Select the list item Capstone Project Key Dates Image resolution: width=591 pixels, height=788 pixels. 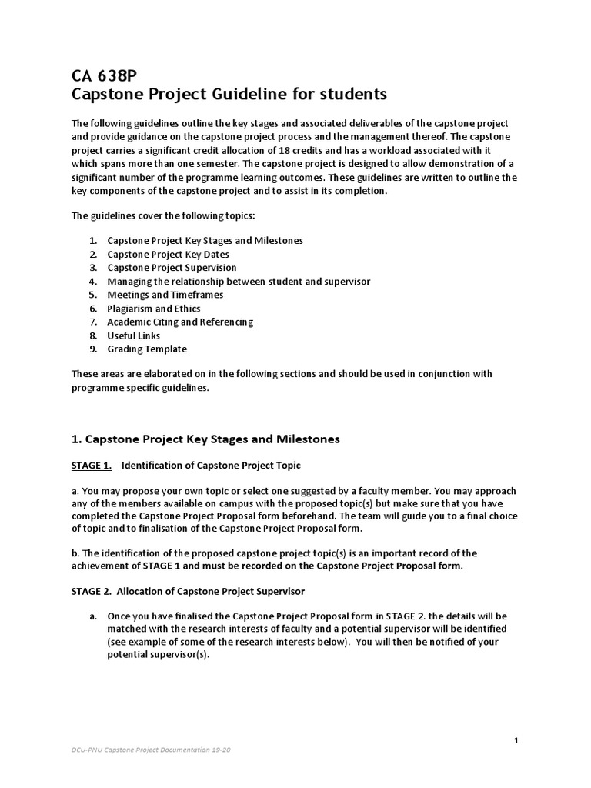coord(168,254)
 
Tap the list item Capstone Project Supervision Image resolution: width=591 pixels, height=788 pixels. coord(172,268)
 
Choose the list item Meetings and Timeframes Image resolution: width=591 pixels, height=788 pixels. coord(165,295)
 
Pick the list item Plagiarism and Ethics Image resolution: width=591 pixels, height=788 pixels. coord(153,308)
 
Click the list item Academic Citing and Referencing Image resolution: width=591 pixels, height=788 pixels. coord(179,322)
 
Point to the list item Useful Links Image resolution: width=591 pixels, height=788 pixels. coord(133,336)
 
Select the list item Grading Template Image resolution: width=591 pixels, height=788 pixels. coord(146,349)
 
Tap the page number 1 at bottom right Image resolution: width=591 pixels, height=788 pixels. coord(516,740)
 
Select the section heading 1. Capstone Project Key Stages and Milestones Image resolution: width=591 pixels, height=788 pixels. coord(205,439)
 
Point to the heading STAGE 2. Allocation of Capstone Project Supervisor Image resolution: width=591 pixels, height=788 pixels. coord(189,591)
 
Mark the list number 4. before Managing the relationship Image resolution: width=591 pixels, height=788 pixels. coord(92,281)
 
